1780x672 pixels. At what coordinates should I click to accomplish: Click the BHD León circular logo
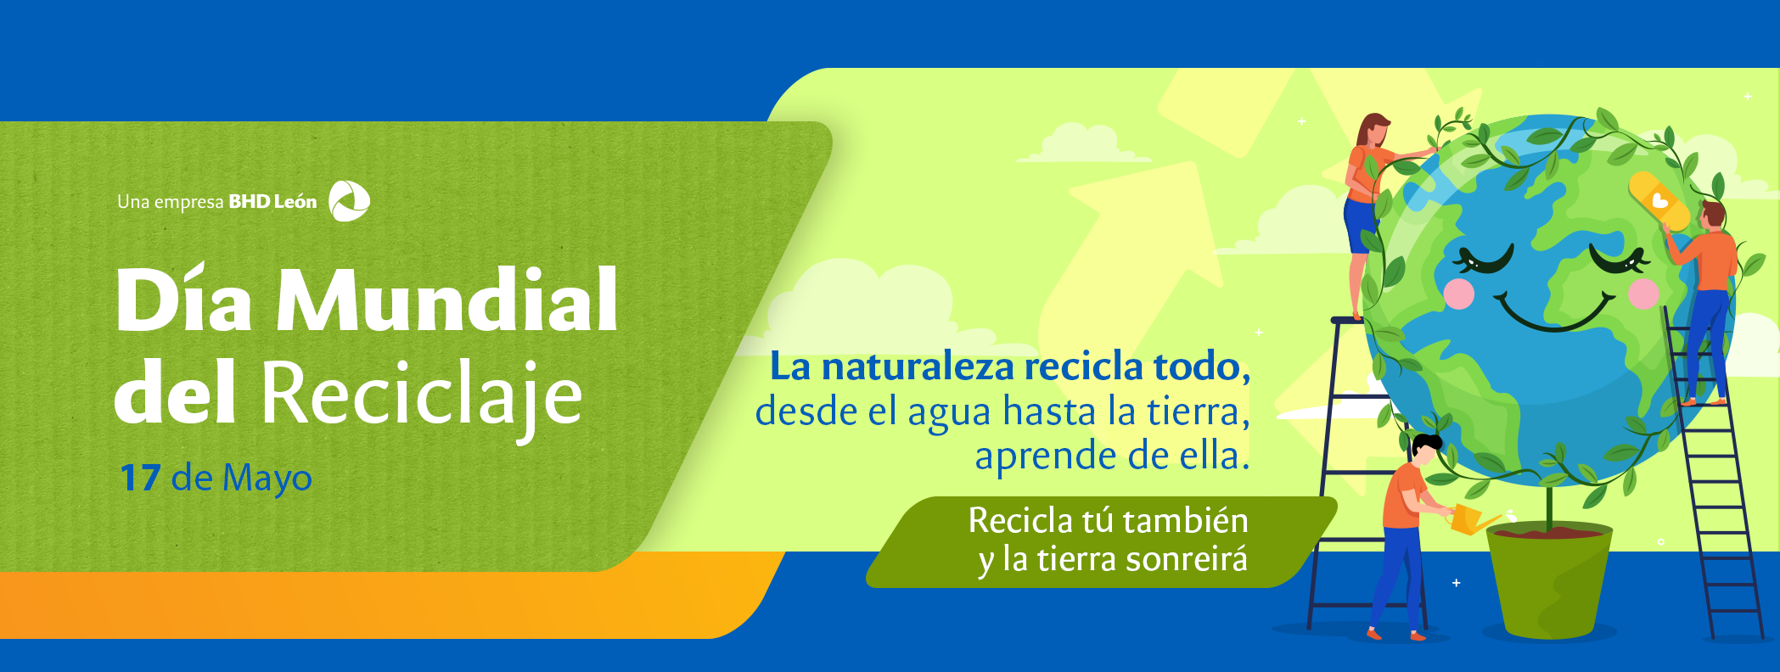click(x=349, y=201)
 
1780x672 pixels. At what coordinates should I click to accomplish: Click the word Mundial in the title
click(x=447, y=300)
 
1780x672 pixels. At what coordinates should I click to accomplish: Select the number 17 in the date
click(x=140, y=478)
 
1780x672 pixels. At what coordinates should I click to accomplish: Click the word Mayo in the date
click(x=267, y=479)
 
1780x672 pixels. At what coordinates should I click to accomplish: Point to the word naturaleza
click(x=918, y=367)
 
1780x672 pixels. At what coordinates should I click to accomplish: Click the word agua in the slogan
click(x=949, y=412)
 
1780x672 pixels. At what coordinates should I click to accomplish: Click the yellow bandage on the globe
click(x=1659, y=202)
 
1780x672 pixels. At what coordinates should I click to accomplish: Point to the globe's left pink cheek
click(x=1458, y=294)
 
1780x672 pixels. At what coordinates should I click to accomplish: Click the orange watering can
click(x=1468, y=518)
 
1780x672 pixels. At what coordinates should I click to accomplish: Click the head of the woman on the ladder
click(x=1373, y=130)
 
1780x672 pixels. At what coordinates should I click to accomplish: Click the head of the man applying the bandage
click(x=1712, y=214)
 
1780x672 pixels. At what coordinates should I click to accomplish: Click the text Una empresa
click(x=170, y=202)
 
